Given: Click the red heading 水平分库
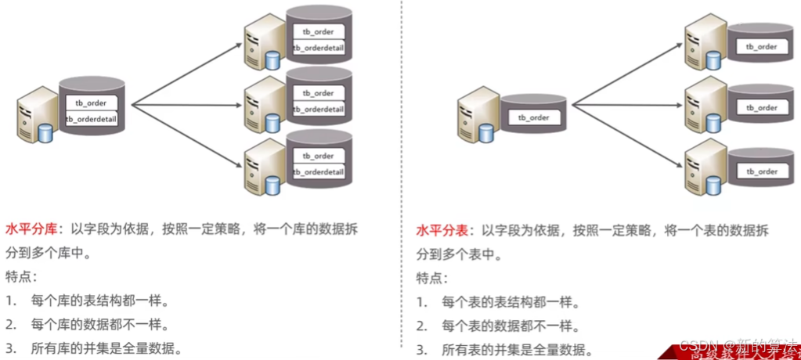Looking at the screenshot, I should tap(30, 231).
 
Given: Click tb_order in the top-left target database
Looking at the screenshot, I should tap(318, 32).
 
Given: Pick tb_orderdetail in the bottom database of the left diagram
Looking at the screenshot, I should tap(318, 172).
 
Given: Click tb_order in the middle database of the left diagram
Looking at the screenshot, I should tap(318, 93).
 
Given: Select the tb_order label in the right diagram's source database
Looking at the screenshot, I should tap(533, 117).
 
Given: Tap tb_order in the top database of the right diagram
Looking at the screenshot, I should tap(761, 47).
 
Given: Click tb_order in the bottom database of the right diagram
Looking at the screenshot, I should tap(761, 171).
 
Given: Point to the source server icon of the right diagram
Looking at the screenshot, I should tap(477, 116).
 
